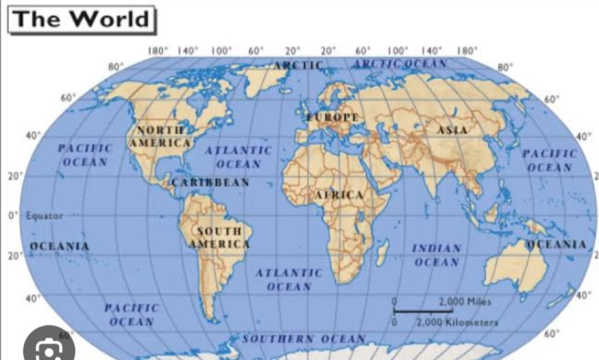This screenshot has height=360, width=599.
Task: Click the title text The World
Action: tap(81, 19)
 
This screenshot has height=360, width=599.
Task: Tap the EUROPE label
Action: tap(333, 118)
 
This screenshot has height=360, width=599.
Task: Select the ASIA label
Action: tap(452, 130)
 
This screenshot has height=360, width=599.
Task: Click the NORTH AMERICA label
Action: tap(160, 136)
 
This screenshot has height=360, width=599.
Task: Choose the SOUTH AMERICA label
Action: tap(219, 238)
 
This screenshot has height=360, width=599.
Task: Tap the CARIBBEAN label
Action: tap(211, 183)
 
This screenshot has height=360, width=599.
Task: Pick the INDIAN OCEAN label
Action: tap(436, 255)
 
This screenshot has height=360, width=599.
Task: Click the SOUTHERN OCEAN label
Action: tap(304, 339)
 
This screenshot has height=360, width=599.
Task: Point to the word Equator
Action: tap(44, 215)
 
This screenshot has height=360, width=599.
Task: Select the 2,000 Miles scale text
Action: tap(465, 301)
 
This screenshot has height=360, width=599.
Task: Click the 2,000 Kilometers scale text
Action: tap(457, 322)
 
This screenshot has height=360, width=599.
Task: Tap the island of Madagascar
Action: tap(383, 253)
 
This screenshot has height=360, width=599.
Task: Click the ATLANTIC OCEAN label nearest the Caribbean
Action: tap(238, 157)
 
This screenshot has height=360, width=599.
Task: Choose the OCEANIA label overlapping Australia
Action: tap(556, 244)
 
